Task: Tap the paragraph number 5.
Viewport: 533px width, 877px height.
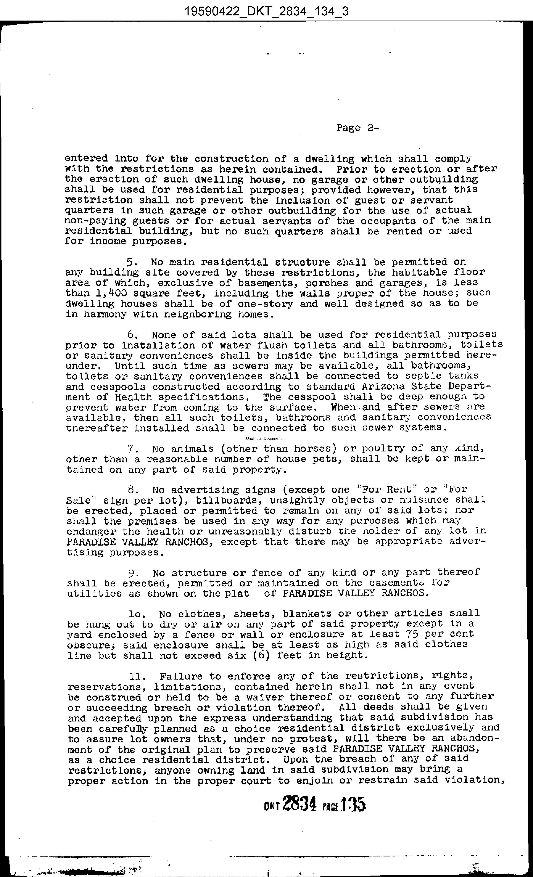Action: (130, 263)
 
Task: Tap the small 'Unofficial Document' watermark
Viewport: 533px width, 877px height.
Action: (264, 438)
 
